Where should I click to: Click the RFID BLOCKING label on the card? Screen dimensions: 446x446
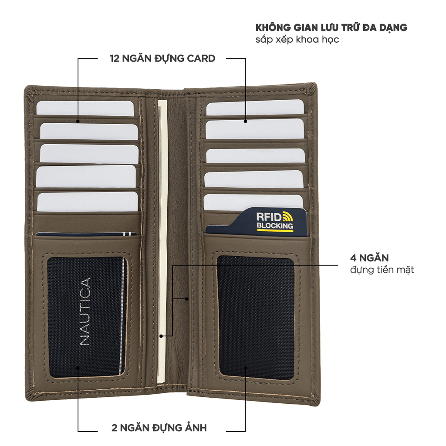(274, 221)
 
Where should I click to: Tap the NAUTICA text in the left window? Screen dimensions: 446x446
(86, 312)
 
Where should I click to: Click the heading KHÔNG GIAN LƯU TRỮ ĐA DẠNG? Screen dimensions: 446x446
(331, 27)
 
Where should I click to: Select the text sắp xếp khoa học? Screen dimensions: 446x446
(297, 39)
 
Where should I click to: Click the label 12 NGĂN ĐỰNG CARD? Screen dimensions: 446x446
(162, 58)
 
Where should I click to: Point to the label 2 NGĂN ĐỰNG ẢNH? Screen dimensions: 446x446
(159, 427)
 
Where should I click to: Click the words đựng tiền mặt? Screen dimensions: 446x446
(382, 270)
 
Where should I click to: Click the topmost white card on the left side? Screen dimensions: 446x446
(85, 108)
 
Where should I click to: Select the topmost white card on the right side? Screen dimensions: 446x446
(255, 107)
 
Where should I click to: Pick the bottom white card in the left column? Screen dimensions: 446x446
(87, 202)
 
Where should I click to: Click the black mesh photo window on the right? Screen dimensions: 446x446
(256, 318)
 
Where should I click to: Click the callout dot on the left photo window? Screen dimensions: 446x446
(78, 367)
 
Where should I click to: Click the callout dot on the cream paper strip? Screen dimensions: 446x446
(161, 336)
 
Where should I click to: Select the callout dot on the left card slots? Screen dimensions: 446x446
(78, 121)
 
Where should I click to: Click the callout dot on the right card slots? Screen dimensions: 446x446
(245, 121)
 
